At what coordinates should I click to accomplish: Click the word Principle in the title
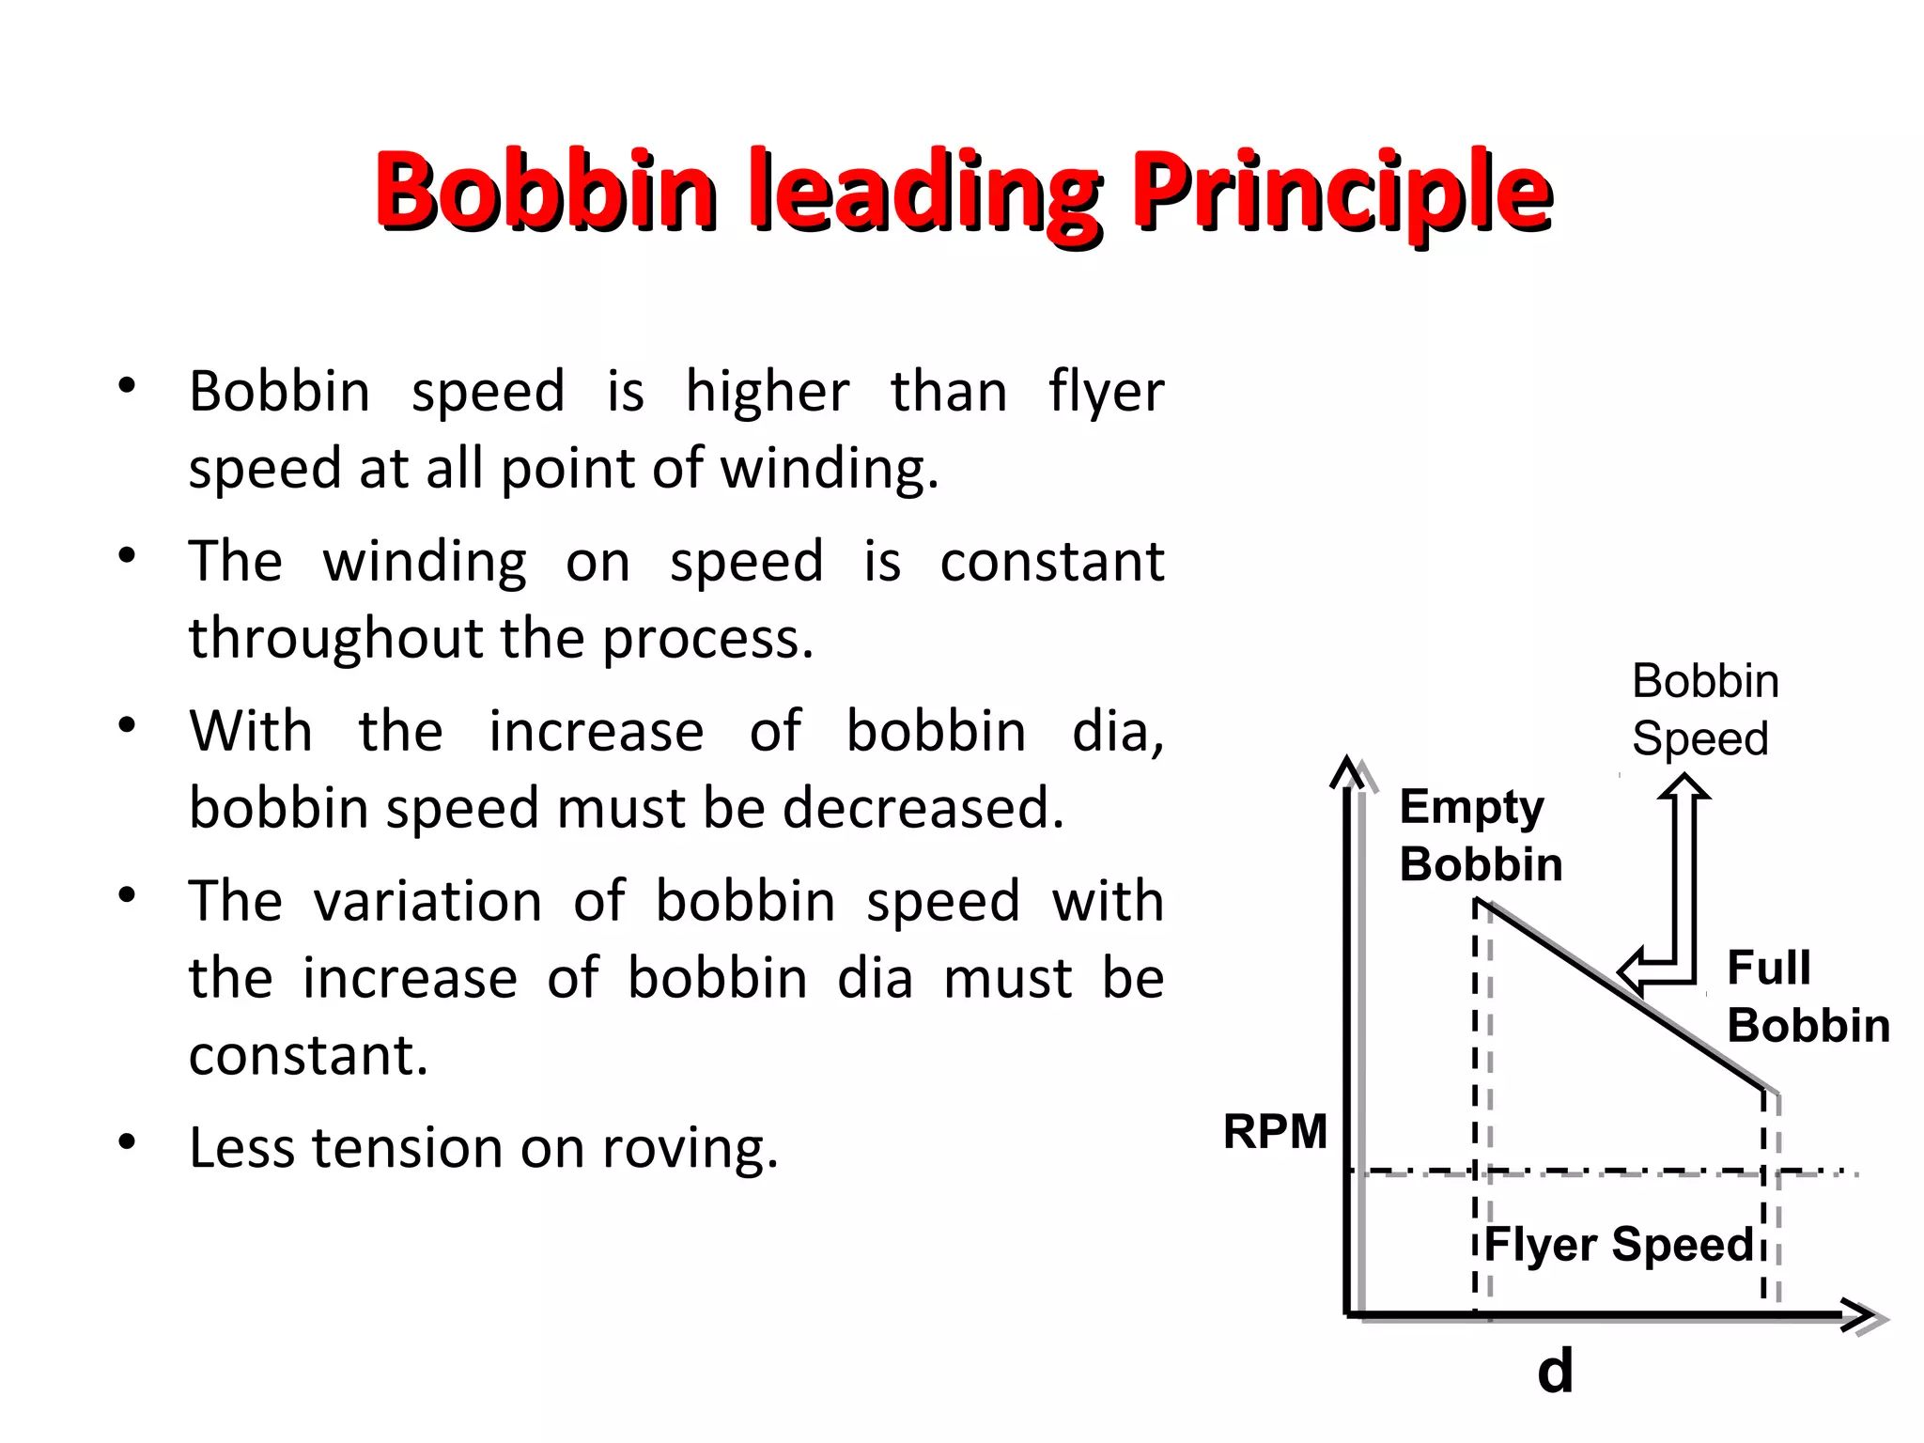[1342, 193]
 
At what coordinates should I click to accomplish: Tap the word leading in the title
[924, 193]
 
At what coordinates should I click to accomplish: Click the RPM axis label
[1275, 1131]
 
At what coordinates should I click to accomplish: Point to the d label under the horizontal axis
[1555, 1371]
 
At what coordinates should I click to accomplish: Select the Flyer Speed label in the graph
[1619, 1245]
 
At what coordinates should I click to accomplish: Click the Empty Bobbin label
[1480, 835]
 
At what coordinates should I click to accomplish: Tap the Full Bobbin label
[1808, 996]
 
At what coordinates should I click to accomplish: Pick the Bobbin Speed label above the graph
[1704, 709]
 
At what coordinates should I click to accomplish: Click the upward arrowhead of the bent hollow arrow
[1683, 787]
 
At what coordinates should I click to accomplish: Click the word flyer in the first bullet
[1106, 392]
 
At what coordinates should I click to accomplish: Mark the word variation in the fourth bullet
[428, 902]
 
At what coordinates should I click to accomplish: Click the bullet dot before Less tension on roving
[128, 1142]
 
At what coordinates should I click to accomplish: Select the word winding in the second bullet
[425, 563]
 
